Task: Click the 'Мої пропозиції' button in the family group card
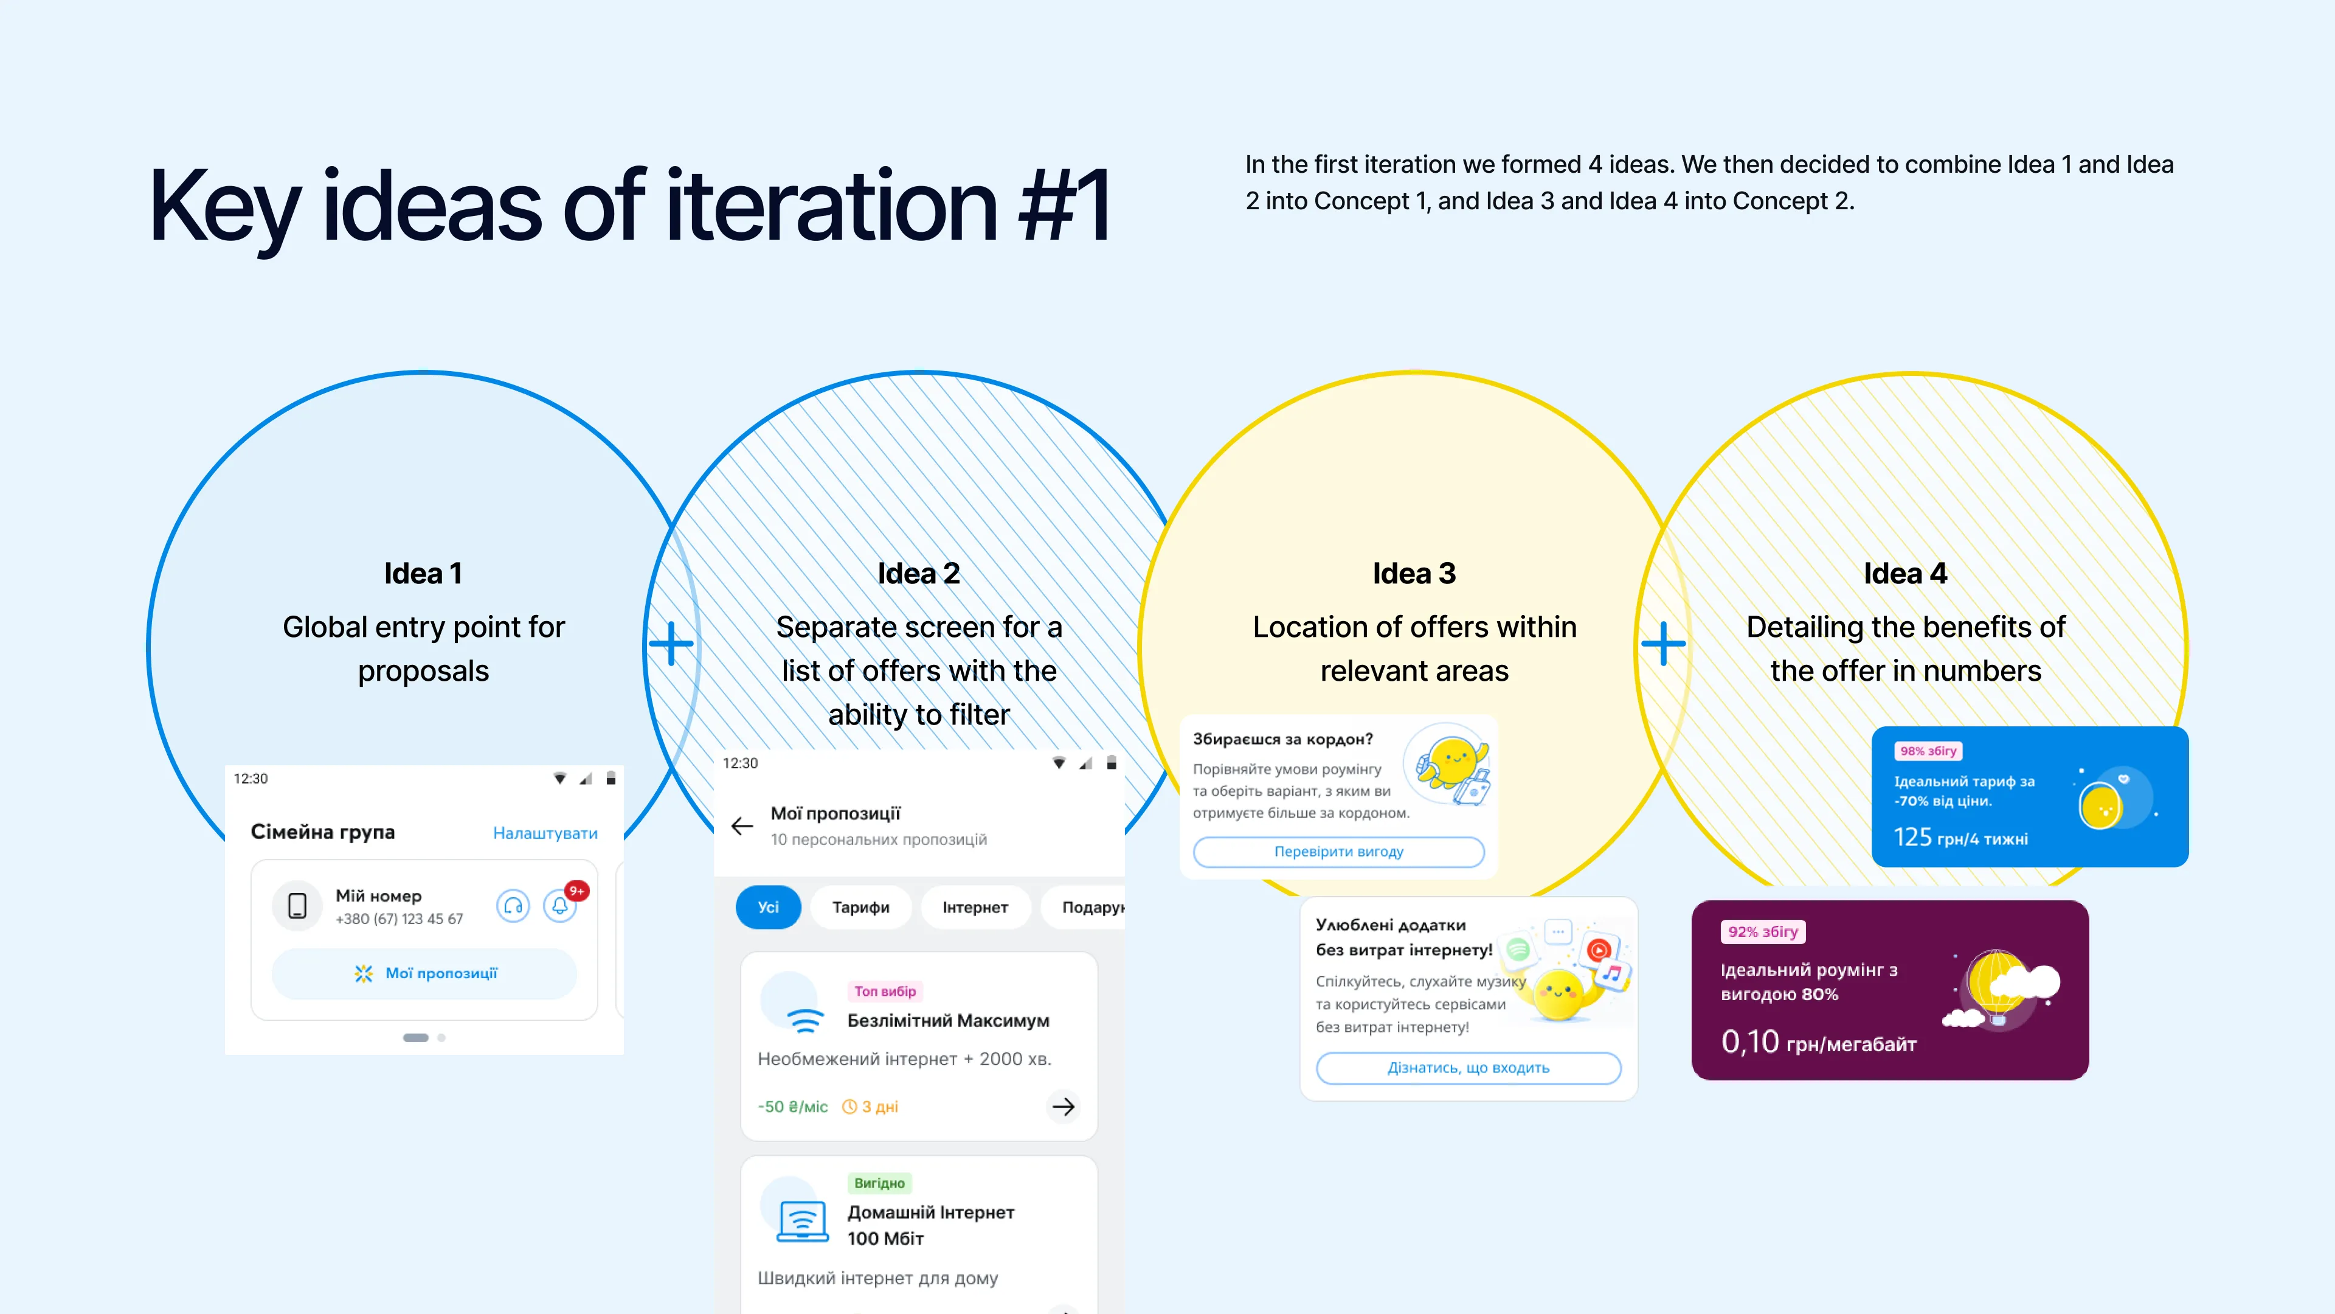[x=424, y=973]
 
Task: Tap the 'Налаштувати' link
[x=545, y=832]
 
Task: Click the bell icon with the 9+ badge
[x=560, y=905]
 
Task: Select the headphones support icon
[x=513, y=905]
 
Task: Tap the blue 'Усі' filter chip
[x=768, y=907]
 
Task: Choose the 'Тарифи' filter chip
[x=860, y=907]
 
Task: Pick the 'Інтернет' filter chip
[x=975, y=907]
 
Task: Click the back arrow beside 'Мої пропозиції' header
[x=742, y=826]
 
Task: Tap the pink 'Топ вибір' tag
[x=885, y=991]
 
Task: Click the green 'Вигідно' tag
[x=879, y=1183]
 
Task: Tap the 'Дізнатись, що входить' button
[x=1468, y=1068]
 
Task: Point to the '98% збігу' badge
[x=1928, y=751]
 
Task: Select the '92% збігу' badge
[x=1763, y=931]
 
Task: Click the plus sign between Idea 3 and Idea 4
[x=1664, y=644]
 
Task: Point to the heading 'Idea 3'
[x=1414, y=573]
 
